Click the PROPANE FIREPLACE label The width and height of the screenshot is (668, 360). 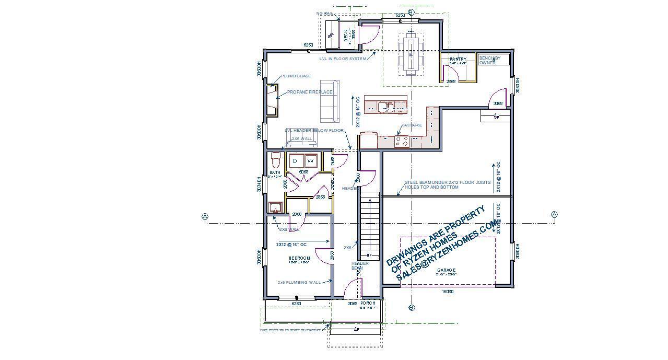pyautogui.click(x=310, y=92)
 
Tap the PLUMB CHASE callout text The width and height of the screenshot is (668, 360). pyautogui.click(x=296, y=76)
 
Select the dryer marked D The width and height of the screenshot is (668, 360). pyautogui.click(x=295, y=161)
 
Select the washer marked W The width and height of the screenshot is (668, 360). pyautogui.click(x=310, y=161)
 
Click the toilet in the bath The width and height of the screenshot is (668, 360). pyautogui.click(x=276, y=159)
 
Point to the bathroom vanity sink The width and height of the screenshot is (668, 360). pyautogui.click(x=275, y=208)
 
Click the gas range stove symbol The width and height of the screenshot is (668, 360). pyautogui.click(x=402, y=140)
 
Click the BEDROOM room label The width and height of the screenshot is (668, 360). pyautogui.click(x=299, y=258)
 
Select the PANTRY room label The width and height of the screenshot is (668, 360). pyautogui.click(x=458, y=59)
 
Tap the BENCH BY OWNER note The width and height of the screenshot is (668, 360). pyautogui.click(x=489, y=60)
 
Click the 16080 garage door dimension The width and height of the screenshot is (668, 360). pyautogui.click(x=448, y=292)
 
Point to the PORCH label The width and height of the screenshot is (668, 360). pyautogui.click(x=368, y=303)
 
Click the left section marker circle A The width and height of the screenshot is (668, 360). pyautogui.click(x=205, y=216)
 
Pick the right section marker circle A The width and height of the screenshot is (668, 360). pyautogui.click(x=554, y=214)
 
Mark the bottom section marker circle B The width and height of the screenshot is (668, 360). pyautogui.click(x=411, y=308)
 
